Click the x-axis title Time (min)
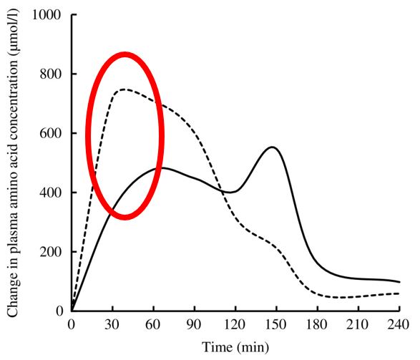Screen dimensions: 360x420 pos(235,347)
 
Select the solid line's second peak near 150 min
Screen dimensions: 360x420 pos(272,147)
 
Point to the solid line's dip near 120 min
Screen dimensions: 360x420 pos(232,192)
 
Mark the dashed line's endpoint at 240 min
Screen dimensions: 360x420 pos(399,293)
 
